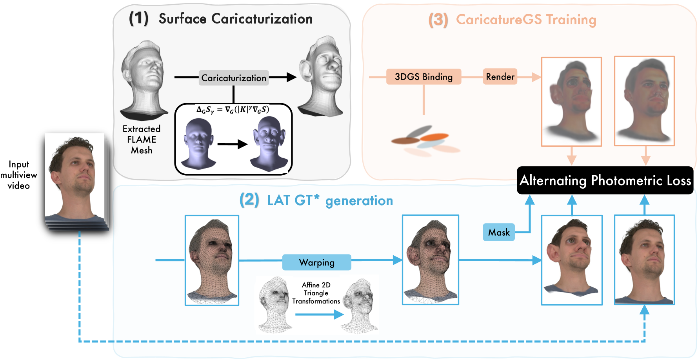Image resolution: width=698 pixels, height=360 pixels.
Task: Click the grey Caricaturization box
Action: (234, 78)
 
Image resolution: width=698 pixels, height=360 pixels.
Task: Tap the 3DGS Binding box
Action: (424, 77)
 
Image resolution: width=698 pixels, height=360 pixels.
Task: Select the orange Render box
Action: (500, 77)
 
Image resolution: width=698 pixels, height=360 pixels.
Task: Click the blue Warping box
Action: (316, 262)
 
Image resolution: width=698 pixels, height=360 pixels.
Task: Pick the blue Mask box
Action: (499, 233)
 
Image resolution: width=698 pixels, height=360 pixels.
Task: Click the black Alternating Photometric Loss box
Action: (605, 180)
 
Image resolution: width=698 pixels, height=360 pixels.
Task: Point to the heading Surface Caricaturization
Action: (235, 19)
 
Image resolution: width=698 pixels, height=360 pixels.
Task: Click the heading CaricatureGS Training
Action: (526, 20)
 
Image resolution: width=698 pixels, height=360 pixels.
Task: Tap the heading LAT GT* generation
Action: (330, 201)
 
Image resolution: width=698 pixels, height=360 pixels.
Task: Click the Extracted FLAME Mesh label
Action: (142, 140)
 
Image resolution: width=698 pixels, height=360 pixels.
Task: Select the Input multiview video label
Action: (19, 175)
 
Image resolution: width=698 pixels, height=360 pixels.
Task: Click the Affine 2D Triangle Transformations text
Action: (316, 293)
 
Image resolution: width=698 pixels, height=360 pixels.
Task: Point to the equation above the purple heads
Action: (233, 110)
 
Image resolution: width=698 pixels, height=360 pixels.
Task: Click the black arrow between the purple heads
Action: (232, 144)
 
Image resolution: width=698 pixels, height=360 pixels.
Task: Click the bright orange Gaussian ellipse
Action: (434, 137)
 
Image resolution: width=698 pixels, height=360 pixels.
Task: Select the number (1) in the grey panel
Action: (139, 18)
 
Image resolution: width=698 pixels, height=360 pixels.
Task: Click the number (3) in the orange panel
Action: (438, 20)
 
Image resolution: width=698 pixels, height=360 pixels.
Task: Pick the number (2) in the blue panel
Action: (249, 200)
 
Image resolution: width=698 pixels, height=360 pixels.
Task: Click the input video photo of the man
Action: (75, 178)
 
